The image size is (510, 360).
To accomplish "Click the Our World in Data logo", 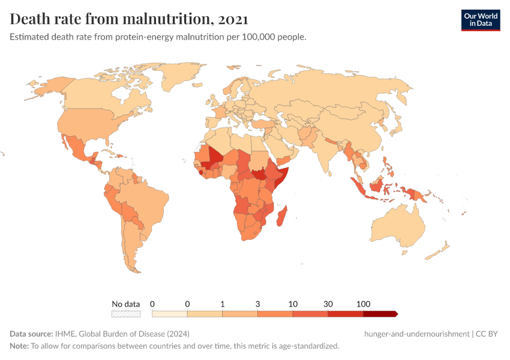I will click(x=480, y=20).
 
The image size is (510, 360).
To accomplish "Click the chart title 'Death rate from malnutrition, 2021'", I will click(x=129, y=19).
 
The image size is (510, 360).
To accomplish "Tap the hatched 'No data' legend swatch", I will click(x=126, y=313).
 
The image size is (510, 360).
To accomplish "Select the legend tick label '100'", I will click(x=363, y=304).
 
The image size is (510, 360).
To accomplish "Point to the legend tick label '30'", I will click(x=328, y=304).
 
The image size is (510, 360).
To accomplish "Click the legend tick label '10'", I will click(x=293, y=304).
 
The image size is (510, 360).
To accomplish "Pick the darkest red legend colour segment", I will click(x=380, y=313).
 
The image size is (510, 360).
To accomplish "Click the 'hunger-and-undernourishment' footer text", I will click(x=416, y=334).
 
